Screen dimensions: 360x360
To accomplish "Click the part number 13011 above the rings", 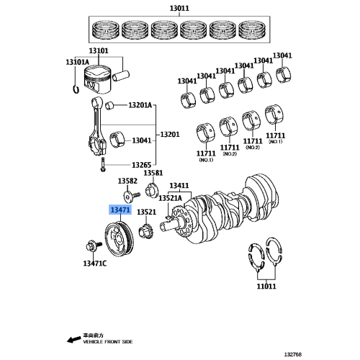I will coord(179,8).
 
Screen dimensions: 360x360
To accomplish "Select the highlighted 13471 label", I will coord(120,210).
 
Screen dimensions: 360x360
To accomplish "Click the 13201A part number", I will coord(140,106).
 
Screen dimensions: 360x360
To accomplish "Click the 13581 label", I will coord(153,174).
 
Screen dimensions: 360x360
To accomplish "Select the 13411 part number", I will coord(179,186).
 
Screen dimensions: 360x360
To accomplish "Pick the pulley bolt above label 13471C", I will coord(90,246).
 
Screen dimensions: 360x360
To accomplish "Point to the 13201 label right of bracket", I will coord(170,135).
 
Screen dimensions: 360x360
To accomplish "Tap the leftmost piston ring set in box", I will coord(107,30).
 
